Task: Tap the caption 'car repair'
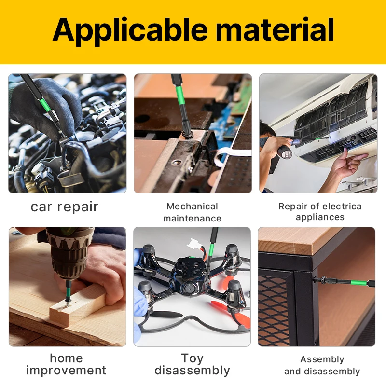coord(65,207)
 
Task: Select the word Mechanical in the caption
coord(192,207)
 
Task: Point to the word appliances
coord(320,217)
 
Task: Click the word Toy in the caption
coord(192,358)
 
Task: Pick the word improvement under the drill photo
coord(66,371)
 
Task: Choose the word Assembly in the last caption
coord(322,360)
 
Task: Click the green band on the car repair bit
coord(45,104)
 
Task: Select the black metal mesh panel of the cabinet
coord(274,311)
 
